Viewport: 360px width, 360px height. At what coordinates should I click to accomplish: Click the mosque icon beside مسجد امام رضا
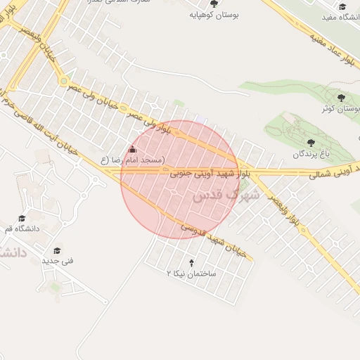point(133,149)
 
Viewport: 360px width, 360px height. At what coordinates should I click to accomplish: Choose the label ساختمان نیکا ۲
point(191,271)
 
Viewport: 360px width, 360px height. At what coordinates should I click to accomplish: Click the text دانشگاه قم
point(24,229)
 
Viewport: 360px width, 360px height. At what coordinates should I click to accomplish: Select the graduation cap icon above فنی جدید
point(56,250)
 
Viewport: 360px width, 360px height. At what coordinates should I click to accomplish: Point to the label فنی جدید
point(57,261)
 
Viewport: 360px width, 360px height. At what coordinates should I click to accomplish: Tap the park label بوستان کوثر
point(340,109)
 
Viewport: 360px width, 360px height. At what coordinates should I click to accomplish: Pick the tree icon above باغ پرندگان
point(310,143)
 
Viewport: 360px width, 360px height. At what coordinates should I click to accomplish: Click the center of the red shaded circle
point(179,179)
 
